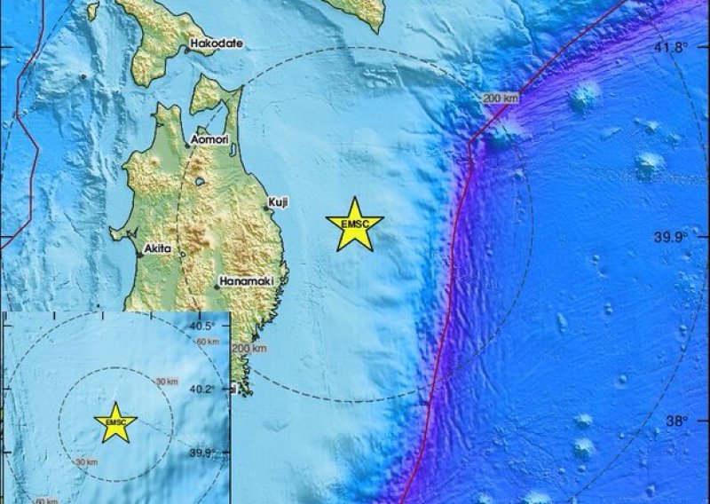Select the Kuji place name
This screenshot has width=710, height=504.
click(x=279, y=203)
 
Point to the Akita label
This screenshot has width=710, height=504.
click(x=160, y=250)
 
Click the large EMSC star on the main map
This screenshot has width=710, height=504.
click(x=354, y=224)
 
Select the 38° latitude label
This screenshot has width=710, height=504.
click(x=677, y=421)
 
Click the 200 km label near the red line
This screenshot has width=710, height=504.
click(x=500, y=98)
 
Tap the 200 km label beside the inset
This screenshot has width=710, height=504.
click(x=248, y=349)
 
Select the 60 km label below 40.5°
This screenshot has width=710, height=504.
click(x=207, y=342)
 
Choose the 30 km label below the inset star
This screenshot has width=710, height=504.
click(x=86, y=461)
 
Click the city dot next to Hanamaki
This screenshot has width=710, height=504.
click(x=217, y=286)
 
